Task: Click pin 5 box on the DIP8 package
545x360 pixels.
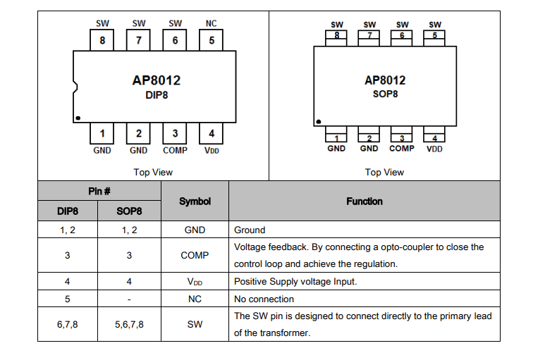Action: (212, 40)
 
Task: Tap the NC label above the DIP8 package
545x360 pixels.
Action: (212, 23)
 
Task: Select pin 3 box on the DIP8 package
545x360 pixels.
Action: (175, 133)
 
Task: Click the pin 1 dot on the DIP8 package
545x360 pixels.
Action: (78, 118)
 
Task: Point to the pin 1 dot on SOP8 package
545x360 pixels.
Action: (319, 121)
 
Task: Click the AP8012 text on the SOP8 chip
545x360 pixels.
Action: (385, 80)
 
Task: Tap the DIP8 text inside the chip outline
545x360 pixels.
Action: (157, 95)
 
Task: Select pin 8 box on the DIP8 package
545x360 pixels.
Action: (103, 40)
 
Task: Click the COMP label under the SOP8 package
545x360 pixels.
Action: (402, 149)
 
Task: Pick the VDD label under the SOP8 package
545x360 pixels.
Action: (435, 149)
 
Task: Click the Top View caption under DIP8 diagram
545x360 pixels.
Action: (153, 172)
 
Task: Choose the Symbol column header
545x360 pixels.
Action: (195, 201)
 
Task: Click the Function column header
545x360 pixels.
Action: (365, 201)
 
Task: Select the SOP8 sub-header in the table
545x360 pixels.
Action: (129, 211)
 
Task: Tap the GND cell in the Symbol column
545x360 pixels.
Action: (195, 230)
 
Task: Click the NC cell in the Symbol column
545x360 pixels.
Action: (195, 299)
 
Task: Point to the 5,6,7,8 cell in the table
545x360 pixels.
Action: (129, 324)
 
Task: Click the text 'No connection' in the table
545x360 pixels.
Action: (264, 299)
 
